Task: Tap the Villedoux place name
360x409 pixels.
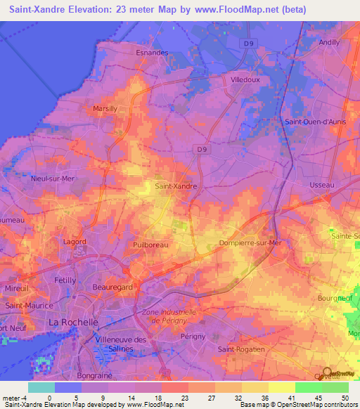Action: point(245,80)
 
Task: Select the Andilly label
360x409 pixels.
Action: point(329,42)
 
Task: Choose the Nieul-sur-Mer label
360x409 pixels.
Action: point(52,178)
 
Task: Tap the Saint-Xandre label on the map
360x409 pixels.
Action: point(175,186)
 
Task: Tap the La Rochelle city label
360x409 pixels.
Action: point(72,322)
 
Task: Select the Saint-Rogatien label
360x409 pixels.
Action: point(241,349)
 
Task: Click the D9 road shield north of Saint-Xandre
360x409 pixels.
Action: point(202,149)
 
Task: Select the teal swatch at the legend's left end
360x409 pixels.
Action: point(41,387)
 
